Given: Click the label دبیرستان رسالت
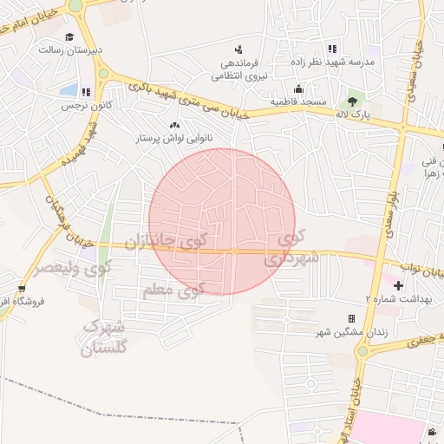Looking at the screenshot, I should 70,49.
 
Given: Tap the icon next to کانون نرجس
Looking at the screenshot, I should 86,92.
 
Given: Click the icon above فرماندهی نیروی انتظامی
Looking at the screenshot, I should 238,49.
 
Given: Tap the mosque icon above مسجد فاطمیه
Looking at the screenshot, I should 298,88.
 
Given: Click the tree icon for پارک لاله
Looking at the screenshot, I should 351,101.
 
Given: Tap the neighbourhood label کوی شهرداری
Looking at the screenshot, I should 295,248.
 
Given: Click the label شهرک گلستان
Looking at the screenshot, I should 103,337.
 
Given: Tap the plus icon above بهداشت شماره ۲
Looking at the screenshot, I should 398,285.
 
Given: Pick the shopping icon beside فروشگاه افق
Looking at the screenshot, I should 22,290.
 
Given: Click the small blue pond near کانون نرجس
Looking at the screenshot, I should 69,89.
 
